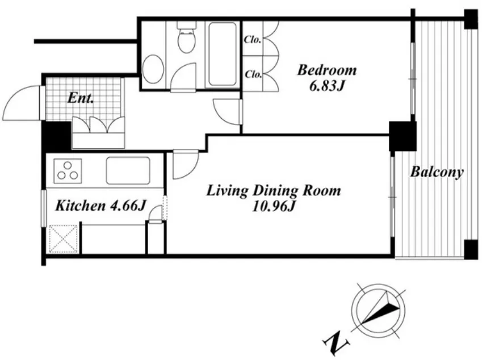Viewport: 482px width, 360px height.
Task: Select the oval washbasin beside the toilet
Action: tap(153, 69)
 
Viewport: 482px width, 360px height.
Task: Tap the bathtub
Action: tap(222, 55)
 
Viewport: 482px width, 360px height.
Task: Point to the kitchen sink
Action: tap(128, 170)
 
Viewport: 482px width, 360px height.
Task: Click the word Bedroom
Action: tap(327, 70)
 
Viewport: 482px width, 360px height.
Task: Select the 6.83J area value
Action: tap(326, 86)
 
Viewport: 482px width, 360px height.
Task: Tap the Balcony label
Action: tap(437, 172)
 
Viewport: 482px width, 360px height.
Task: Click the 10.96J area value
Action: tap(274, 207)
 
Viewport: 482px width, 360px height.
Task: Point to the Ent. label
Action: tap(80, 98)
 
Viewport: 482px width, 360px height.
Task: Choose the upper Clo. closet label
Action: tap(253, 40)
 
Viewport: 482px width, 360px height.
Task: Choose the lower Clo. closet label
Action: tap(253, 74)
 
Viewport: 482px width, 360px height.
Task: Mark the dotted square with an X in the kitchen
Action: tap(64, 239)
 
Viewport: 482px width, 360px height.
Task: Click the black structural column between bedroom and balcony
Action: tap(403, 136)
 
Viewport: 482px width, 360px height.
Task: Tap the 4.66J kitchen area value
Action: tap(127, 206)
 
